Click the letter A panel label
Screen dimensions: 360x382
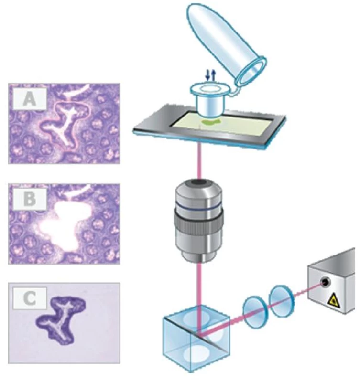pyautogui.click(x=30, y=99)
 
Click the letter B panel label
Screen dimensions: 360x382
pyautogui.click(x=30, y=199)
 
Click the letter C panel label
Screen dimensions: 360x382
pyautogui.click(x=30, y=298)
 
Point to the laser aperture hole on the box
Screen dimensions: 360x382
pyautogui.click(x=325, y=282)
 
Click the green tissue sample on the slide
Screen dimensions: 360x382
pyautogui.click(x=210, y=122)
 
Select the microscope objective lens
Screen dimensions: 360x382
pyautogui.click(x=199, y=221)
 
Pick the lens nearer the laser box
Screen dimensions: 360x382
pyautogui.click(x=281, y=300)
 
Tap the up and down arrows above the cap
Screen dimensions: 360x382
pyautogui.click(x=211, y=75)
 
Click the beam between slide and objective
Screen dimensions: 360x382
pyautogui.click(x=200, y=161)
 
